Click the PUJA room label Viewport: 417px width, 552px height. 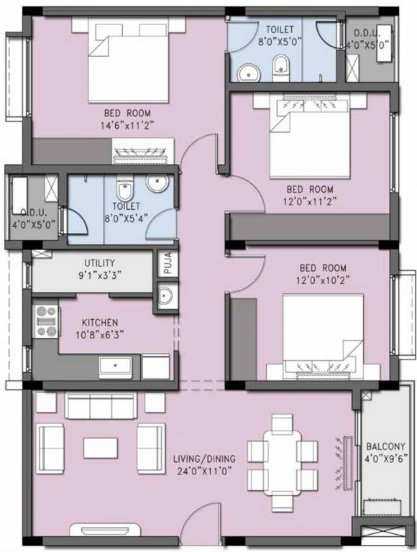166,263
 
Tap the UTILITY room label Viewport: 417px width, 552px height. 100,263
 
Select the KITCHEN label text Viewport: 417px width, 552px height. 100,323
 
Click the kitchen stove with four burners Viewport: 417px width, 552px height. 47,321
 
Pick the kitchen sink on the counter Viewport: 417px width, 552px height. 116,367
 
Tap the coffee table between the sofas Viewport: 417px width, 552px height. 100,448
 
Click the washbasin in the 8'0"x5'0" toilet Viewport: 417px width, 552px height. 249,73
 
